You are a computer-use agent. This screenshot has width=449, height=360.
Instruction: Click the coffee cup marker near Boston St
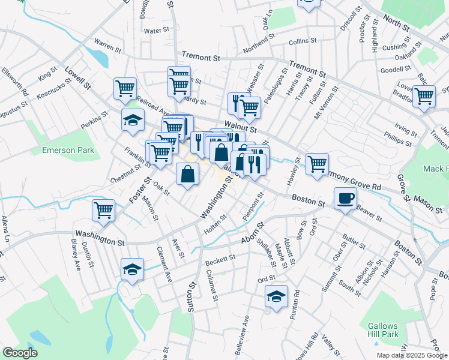tap(345, 198)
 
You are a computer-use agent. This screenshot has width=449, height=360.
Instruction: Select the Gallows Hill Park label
tap(383, 330)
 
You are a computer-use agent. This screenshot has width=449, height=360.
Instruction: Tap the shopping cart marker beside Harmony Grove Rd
tap(317, 163)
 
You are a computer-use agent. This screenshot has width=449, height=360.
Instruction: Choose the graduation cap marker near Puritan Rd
tap(276, 296)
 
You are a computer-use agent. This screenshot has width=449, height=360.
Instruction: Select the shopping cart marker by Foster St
tap(104, 211)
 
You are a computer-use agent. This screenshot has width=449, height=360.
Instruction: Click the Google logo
tap(20, 353)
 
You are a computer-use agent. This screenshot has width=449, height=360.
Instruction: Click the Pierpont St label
tap(254, 207)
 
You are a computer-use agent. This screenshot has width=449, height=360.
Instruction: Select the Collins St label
tap(302, 41)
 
